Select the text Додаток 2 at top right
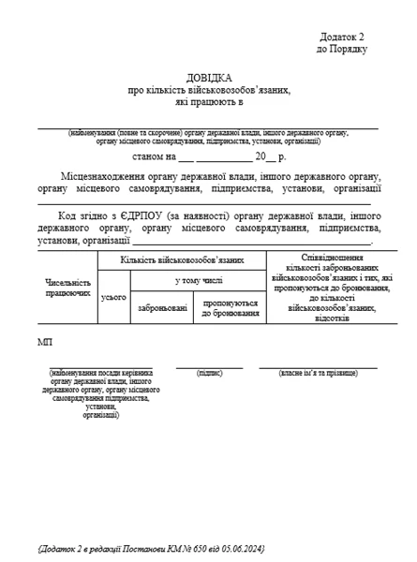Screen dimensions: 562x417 click(x=343, y=35)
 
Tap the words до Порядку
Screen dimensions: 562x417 click(x=342, y=48)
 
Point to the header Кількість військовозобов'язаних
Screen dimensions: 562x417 click(x=182, y=259)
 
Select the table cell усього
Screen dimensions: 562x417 click(x=113, y=296)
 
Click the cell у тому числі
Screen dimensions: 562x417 click(x=198, y=279)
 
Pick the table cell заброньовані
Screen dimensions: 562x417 click(x=162, y=307)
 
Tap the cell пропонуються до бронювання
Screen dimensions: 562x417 click(x=230, y=307)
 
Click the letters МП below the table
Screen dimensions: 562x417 click(x=46, y=343)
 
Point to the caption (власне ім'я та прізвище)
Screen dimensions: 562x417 click(x=318, y=373)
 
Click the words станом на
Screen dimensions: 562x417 click(x=155, y=156)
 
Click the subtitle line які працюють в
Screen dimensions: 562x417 click(x=207, y=102)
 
